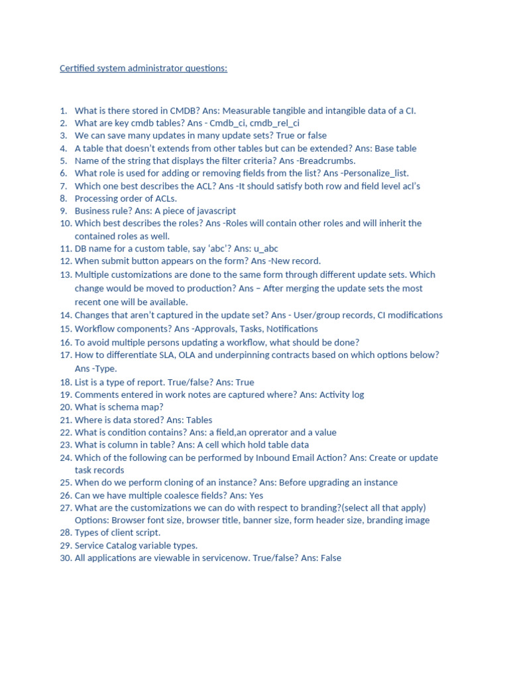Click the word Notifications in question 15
pos(292,329)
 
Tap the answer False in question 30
pos(329,558)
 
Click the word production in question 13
pos(212,288)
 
